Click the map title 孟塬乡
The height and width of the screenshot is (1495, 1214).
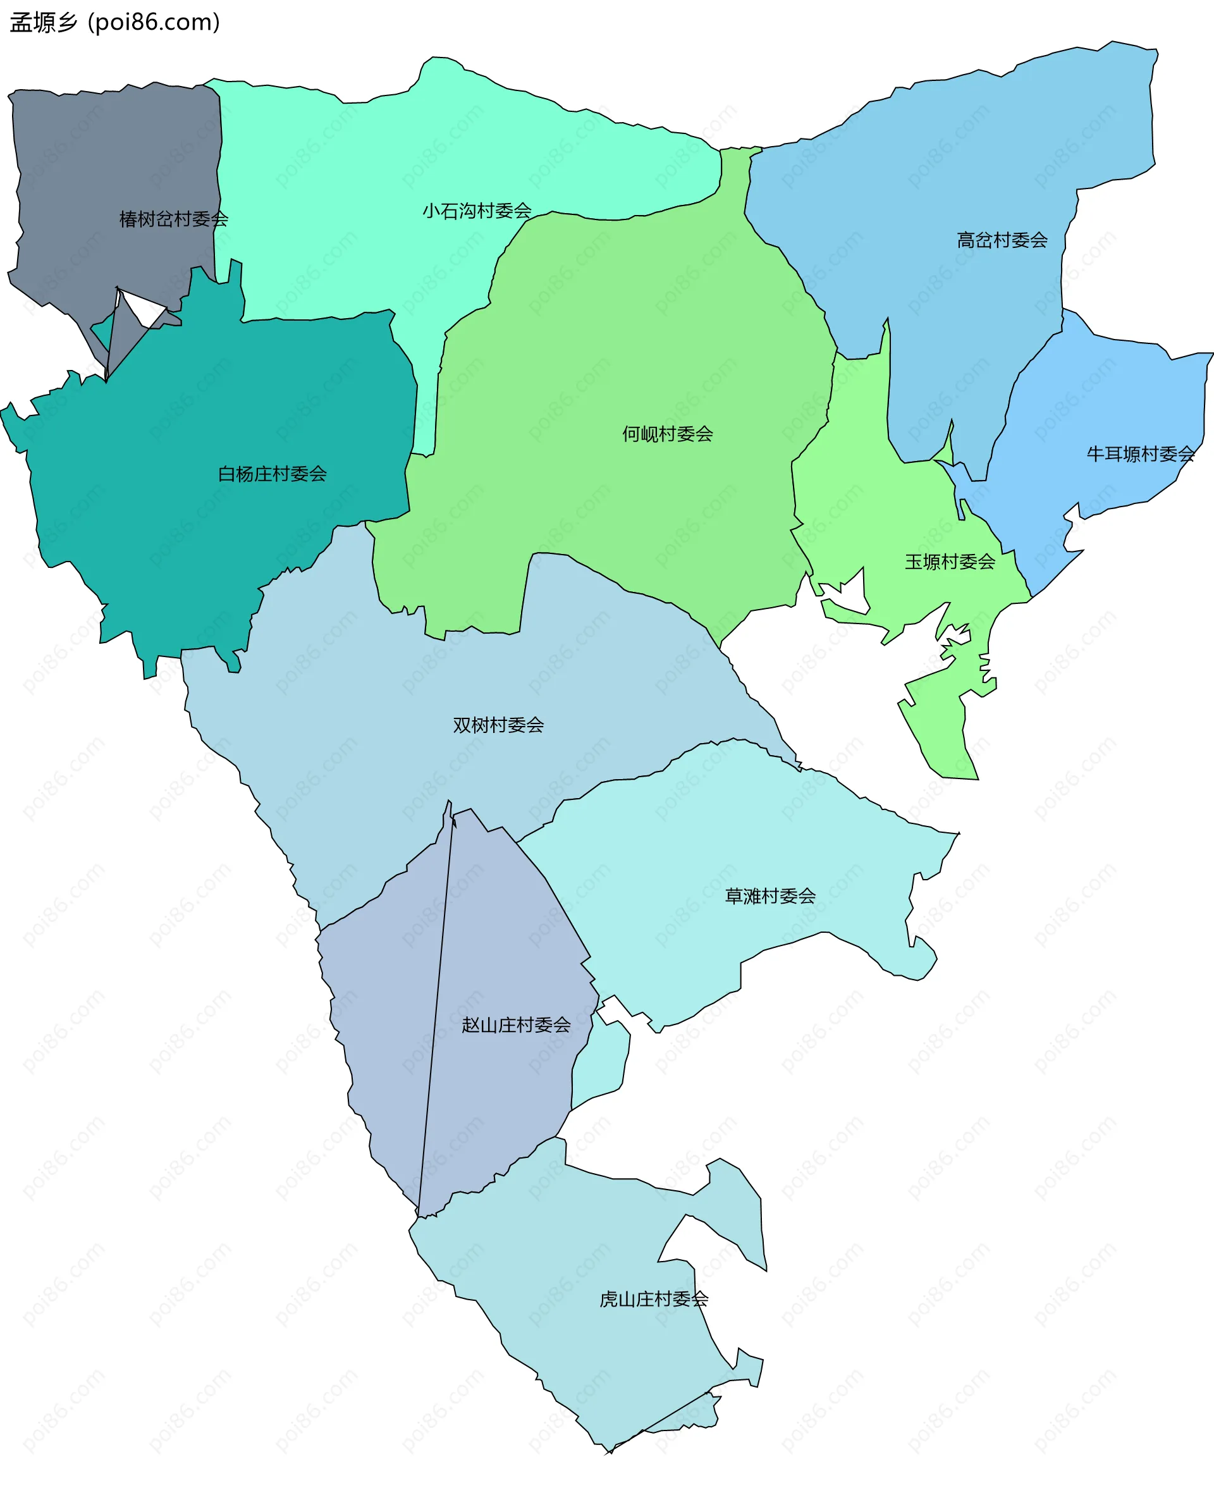pos(44,23)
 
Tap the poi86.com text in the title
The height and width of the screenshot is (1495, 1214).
pos(154,23)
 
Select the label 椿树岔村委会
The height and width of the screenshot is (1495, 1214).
pos(173,219)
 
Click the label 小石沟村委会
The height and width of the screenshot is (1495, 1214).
pos(477,211)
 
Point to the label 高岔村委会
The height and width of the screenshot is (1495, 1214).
pos(1002,240)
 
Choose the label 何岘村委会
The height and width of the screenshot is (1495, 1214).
pos(667,434)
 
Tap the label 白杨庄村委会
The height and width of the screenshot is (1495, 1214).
pos(272,474)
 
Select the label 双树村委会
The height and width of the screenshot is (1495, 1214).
pos(498,725)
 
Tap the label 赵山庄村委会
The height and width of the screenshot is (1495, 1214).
pos(515,1024)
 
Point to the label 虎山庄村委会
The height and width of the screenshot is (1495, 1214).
pos(653,1298)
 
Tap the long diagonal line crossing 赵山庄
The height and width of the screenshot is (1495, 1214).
pos(435,1014)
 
